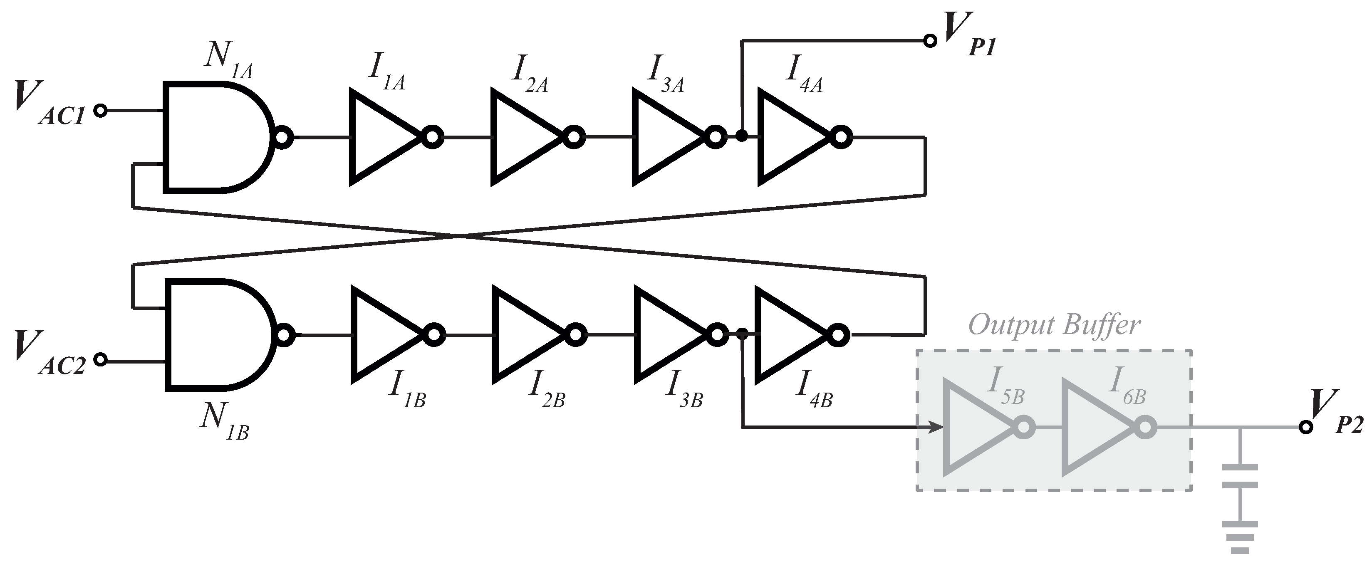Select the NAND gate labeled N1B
tap(216, 335)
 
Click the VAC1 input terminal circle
tap(100, 111)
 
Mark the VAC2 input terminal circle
tap(100, 360)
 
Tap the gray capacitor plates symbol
tap(1240, 476)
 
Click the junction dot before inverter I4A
tap(741, 137)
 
